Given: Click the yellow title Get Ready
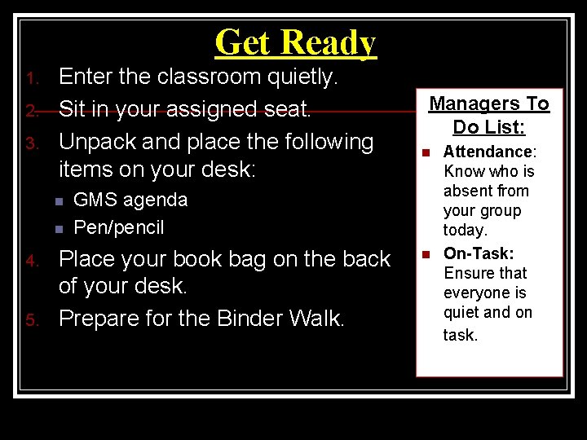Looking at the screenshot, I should coord(295,42).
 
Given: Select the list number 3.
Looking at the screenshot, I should coord(31,144).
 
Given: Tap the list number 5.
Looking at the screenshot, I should coord(31,320).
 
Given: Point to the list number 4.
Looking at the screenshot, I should coord(31,262).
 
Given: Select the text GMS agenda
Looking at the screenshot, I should coord(130,200).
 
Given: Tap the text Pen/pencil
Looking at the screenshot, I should coord(119,227).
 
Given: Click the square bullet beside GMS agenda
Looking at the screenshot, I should coord(58,201).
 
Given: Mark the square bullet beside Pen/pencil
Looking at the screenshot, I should coord(58,229).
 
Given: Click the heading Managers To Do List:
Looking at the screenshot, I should coord(489,115).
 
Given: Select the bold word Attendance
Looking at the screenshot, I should coord(487,152).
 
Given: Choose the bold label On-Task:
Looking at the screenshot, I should coord(479,253).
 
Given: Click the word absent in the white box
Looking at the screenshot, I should coord(465,191).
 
